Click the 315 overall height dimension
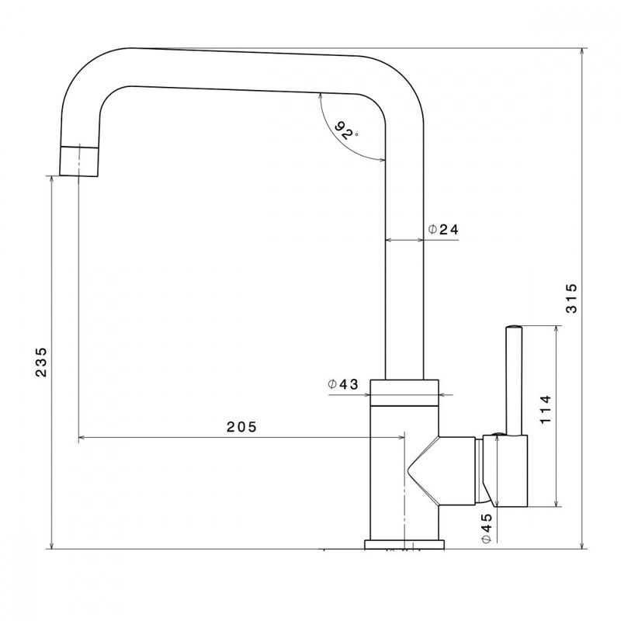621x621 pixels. click(x=571, y=299)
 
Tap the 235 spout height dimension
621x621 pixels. click(x=41, y=362)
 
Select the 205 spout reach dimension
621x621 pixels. click(x=241, y=426)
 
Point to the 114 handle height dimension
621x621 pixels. click(x=546, y=410)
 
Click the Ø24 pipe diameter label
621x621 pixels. click(x=443, y=229)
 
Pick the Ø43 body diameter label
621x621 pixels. click(x=343, y=383)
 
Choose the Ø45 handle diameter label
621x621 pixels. click(x=486, y=529)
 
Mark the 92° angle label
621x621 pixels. click(x=345, y=130)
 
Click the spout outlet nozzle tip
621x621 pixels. click(x=78, y=161)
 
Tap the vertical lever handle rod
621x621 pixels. click(x=514, y=380)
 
